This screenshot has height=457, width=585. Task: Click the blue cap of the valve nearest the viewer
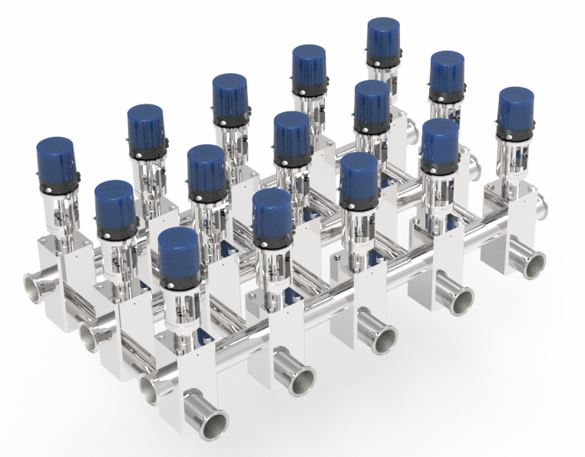(179, 253)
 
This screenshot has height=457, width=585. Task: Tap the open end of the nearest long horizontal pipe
(150, 389)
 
